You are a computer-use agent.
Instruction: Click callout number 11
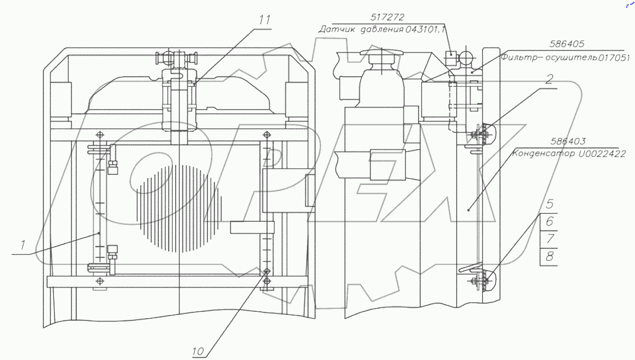265,21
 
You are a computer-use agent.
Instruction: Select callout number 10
198,350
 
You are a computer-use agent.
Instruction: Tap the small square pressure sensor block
449,54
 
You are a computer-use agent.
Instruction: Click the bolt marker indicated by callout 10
267,271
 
